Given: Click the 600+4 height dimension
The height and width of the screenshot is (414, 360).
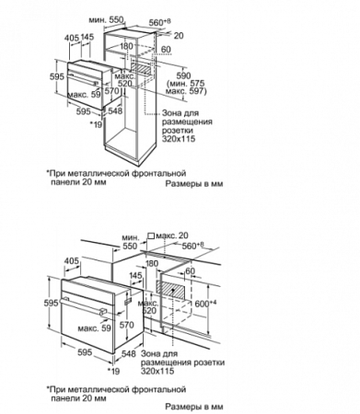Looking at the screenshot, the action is point(206,303).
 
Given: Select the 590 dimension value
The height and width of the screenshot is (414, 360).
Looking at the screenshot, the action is point(183,75).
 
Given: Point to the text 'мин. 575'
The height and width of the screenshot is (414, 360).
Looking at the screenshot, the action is point(187,84).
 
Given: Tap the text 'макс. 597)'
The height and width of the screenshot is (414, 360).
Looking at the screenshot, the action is point(186,91).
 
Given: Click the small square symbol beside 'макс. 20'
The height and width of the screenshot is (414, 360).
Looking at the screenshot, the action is point(151,236).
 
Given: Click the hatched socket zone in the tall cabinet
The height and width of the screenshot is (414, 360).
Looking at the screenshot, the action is point(141,68).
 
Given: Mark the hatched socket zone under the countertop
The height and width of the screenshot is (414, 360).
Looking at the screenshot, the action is point(172,289).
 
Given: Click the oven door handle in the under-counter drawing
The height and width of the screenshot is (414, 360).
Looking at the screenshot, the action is point(82,306).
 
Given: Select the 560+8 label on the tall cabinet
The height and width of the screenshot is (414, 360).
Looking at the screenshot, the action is point(159,22).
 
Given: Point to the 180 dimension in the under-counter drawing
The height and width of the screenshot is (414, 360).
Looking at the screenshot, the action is point(152,263).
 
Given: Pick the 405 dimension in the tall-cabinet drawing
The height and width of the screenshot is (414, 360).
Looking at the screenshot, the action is point(72,38).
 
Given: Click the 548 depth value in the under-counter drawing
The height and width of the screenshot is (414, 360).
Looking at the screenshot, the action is point(129,353).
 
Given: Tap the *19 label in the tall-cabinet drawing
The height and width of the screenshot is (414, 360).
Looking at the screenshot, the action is point(96,123).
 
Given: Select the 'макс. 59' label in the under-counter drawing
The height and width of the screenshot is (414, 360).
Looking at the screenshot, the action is point(94,328).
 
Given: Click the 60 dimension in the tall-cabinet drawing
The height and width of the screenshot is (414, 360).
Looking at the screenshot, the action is point(166,50).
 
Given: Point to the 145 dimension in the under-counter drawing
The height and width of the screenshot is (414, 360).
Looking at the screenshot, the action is point(136,275).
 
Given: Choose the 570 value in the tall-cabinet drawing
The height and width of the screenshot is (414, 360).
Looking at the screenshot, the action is point(111,91).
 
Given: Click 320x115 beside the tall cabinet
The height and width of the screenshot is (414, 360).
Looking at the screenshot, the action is point(179,139).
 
